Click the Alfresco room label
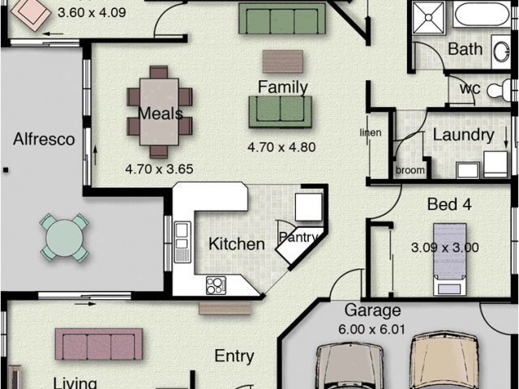point(44,139)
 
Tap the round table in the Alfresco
point(64,237)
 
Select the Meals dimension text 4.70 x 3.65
point(159,169)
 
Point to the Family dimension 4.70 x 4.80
point(281,147)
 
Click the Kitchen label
point(237,244)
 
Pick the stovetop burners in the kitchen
point(216,285)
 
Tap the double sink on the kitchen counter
point(182,242)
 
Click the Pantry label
point(298,237)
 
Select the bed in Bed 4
point(450,259)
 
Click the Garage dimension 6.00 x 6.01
point(371,330)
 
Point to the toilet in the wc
point(500,89)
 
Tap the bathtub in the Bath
point(482,15)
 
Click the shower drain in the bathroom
point(428,17)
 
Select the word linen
point(371,132)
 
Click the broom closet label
point(410,170)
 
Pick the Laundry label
point(463,135)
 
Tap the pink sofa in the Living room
point(99,344)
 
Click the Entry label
point(234,357)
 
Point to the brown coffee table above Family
point(283,62)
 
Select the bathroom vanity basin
point(501,52)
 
